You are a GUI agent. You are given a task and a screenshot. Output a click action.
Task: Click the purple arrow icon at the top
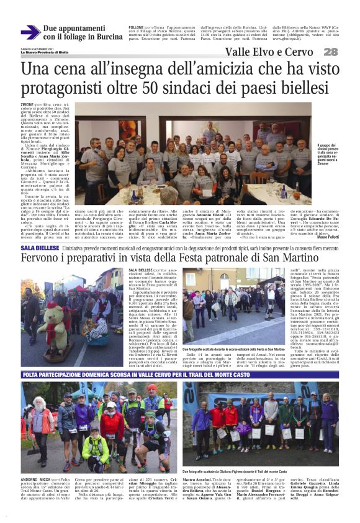coord(30,32)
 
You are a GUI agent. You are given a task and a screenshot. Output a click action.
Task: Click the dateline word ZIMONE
coord(28,105)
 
